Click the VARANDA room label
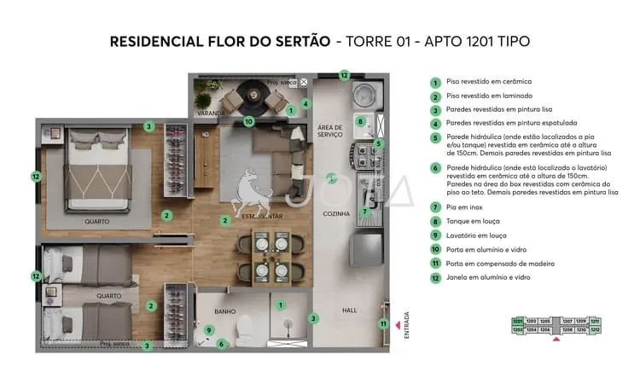tap(211, 113)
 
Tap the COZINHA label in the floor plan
tap(336, 214)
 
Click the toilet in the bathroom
tap(244, 325)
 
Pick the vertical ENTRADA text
tap(406, 325)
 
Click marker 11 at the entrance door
tap(385, 323)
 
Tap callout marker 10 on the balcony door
tap(248, 121)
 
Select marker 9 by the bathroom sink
tap(209, 330)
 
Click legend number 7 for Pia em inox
tap(435, 207)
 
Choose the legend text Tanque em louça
tap(472, 221)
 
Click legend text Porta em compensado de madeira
tap(498, 263)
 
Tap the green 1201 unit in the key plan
tap(517, 321)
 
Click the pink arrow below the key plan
tap(556, 339)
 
